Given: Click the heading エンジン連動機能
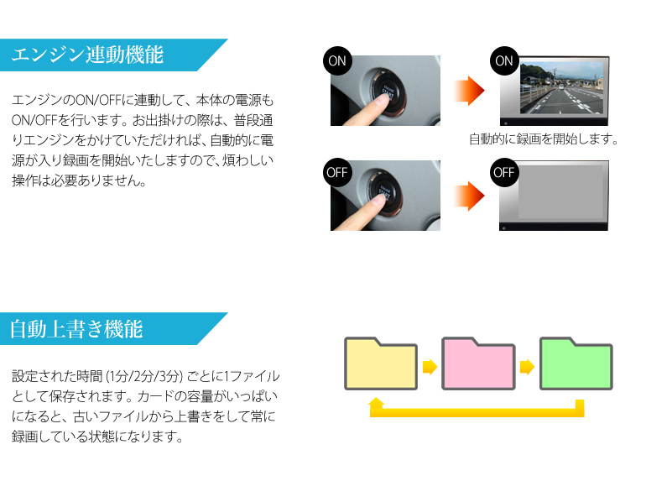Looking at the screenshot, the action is (x=87, y=55).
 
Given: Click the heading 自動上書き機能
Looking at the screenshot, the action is (x=76, y=329).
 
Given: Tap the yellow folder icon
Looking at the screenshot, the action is (x=381, y=363).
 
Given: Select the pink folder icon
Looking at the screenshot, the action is (x=478, y=363).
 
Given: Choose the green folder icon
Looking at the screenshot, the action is (x=576, y=363).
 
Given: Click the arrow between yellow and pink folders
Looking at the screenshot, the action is (x=430, y=366).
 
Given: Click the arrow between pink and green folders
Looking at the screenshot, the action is (x=528, y=366).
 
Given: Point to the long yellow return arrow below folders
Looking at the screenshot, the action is (x=477, y=412).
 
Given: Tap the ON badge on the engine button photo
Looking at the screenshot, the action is (x=337, y=61).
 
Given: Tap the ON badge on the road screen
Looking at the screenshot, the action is (x=504, y=61).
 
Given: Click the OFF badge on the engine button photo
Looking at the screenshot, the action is (x=337, y=172).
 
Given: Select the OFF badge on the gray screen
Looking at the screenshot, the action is (x=504, y=172).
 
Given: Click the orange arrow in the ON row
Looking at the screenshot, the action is (x=469, y=91).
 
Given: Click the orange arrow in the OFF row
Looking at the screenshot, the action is (x=469, y=196).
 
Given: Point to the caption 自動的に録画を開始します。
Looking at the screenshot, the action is (x=544, y=139).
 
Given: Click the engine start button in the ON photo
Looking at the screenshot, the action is (x=388, y=92).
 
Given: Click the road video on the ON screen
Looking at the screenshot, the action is (x=561, y=88).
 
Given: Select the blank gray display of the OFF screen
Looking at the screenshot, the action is (x=560, y=191).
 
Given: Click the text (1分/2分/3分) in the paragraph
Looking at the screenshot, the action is (x=144, y=376).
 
